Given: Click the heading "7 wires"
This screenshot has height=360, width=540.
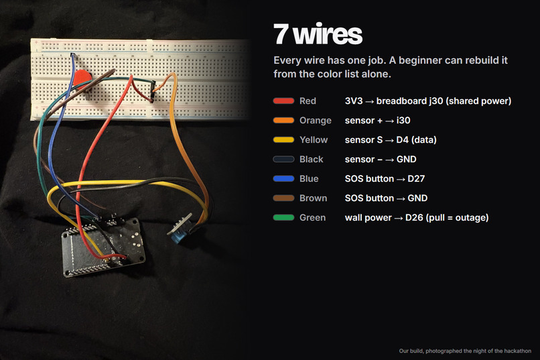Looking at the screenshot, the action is (318, 34).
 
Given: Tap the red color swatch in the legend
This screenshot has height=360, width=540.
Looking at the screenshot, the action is (283, 101).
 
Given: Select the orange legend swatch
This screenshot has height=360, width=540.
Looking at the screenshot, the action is (283, 120).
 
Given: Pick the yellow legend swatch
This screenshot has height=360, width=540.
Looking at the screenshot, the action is (283, 140).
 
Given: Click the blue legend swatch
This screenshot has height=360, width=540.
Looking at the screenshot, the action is (283, 178).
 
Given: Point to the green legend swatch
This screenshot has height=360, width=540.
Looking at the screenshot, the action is (283, 217).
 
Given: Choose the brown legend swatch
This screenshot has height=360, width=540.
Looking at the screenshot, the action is (283, 198).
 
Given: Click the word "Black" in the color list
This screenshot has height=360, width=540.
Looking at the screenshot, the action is (312, 159).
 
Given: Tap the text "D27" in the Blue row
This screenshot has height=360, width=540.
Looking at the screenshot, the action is (416, 178).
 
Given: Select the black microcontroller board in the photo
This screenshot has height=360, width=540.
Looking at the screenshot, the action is (103, 247).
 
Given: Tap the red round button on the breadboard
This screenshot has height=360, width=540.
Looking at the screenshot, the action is (82, 79).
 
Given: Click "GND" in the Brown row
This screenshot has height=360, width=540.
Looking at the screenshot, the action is (417, 198).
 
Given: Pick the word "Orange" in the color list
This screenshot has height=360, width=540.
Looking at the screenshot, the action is (316, 121).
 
